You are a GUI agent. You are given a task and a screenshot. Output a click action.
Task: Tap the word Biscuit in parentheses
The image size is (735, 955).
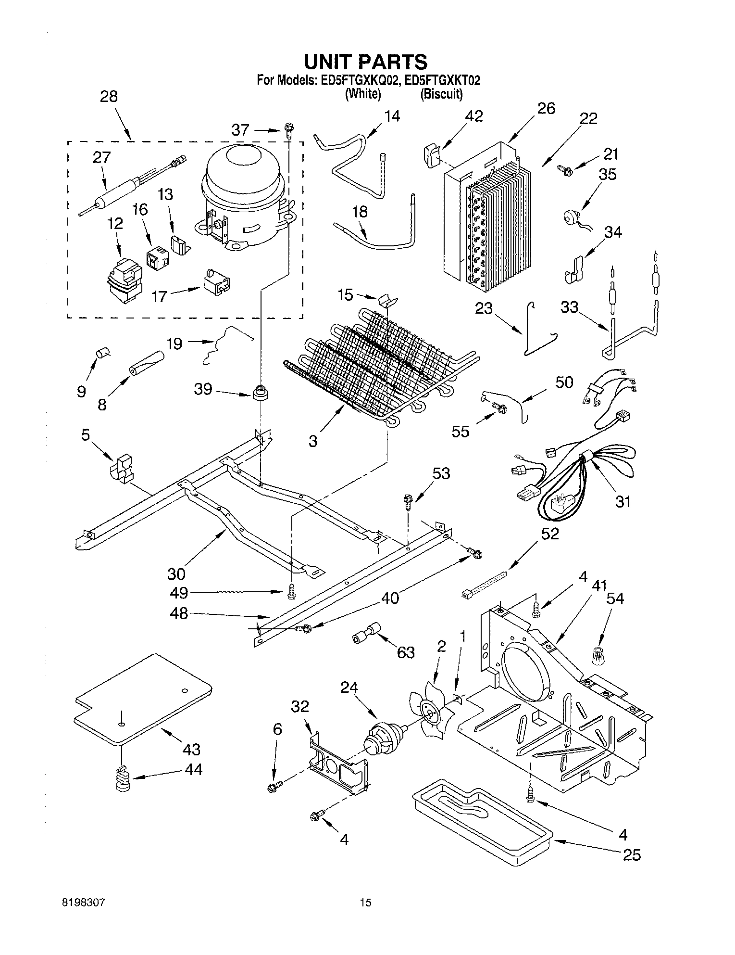[x=441, y=94]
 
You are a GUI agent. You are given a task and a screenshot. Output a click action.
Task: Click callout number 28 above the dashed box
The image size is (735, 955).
[x=109, y=96]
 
